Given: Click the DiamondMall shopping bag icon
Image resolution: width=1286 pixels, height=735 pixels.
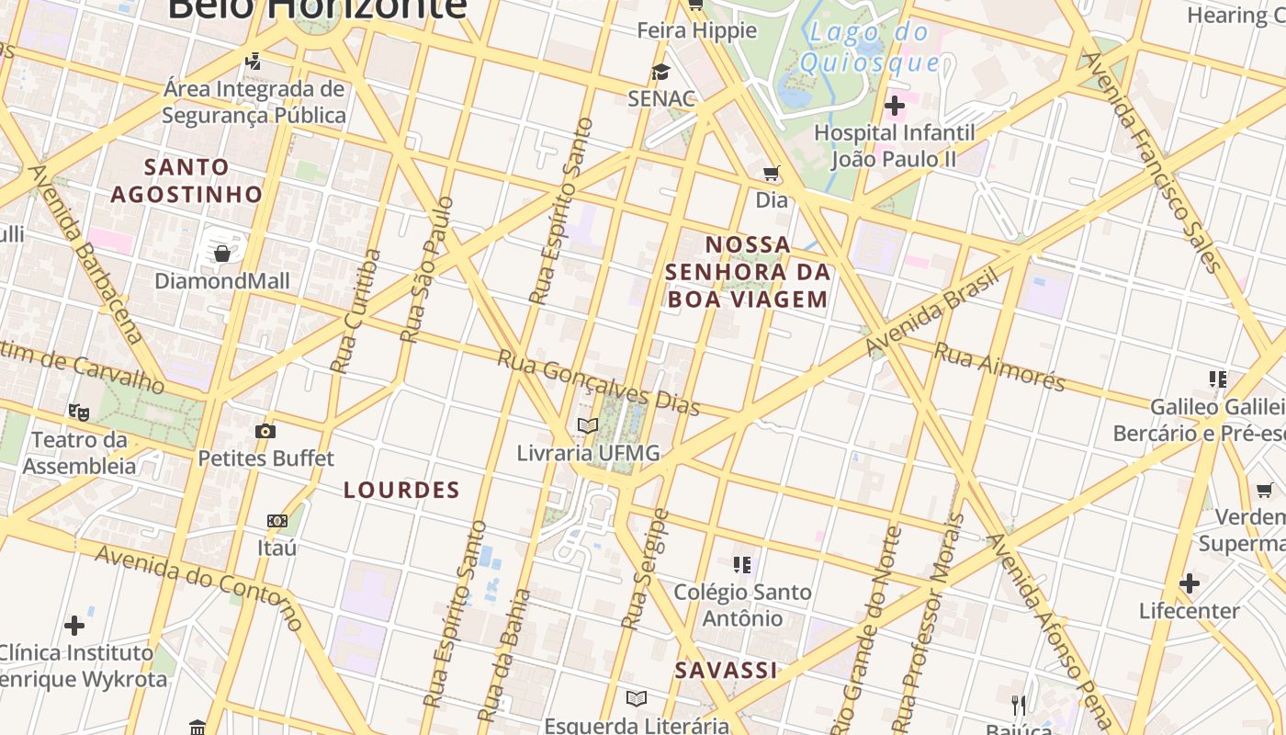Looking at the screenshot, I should coord(221,253).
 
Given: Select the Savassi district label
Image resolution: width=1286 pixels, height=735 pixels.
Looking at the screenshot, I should coord(727,671).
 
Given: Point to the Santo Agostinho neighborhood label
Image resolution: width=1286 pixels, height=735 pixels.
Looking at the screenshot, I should coord(187,181).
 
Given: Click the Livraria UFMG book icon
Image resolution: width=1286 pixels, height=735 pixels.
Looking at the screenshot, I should coord(588,425).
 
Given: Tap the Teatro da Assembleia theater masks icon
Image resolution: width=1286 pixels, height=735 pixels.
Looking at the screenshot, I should coord(79,413).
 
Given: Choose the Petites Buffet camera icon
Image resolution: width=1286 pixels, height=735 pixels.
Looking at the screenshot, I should coord(265,431).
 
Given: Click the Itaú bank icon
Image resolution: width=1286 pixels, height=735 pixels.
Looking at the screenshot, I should coord(277,521).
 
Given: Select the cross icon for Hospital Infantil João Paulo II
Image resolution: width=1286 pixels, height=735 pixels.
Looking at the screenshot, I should coord(894,107).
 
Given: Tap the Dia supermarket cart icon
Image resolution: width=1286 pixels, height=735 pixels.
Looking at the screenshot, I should coord(772,173).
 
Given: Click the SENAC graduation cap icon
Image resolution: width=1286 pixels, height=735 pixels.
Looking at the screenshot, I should coord(660,72).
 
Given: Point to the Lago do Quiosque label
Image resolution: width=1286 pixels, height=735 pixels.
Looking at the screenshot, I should coord(869,48).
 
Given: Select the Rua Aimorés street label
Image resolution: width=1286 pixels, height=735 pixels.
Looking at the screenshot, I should coord(999,367).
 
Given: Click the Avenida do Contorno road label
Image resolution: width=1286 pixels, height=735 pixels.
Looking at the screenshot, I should coord(198,588).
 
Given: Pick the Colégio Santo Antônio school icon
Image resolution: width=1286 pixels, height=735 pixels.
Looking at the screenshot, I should coord(742,564).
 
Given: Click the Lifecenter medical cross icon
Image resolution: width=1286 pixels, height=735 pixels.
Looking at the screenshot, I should coord(1190,583).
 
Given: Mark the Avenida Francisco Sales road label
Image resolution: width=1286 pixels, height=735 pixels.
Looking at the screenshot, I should coord(1153,162).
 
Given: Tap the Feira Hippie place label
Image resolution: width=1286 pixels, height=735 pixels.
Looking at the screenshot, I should coord(697,30).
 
